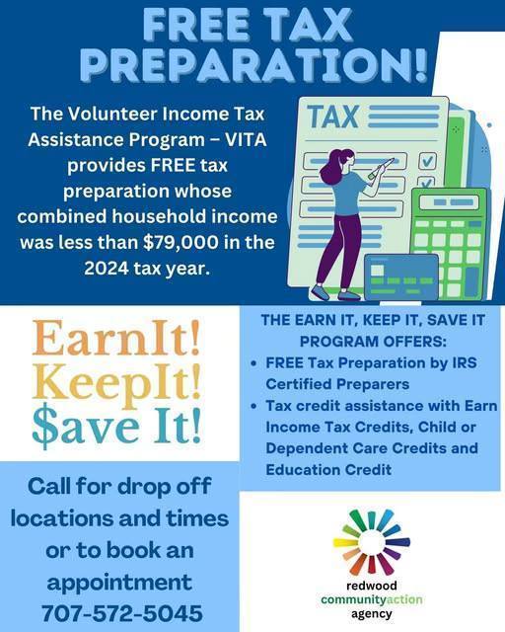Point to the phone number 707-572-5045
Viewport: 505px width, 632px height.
(x=122, y=611)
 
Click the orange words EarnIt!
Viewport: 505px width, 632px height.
(x=116, y=338)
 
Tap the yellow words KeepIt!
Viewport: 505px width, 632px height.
(x=117, y=381)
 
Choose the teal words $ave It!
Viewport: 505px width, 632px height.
(x=116, y=425)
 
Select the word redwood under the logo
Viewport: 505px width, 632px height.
(x=371, y=584)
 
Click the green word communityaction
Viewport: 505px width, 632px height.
(x=371, y=598)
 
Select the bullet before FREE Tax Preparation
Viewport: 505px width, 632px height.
(x=254, y=363)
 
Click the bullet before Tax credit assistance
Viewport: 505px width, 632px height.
(x=254, y=407)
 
